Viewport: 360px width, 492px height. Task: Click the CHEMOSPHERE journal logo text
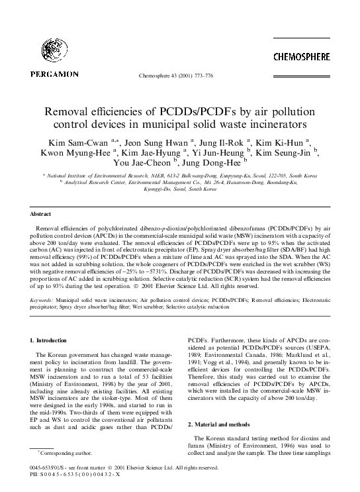[302, 58]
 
